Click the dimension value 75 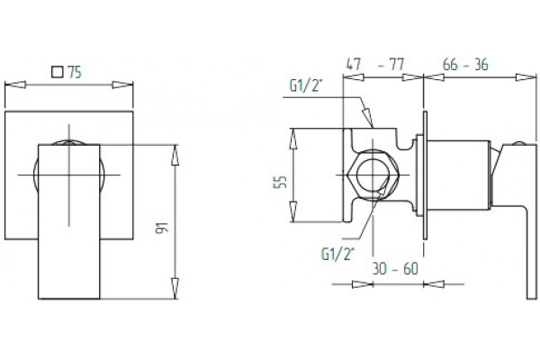pyautogui.click(x=75, y=72)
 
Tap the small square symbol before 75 pyautogui.click(x=58, y=72)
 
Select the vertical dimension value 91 pyautogui.click(x=162, y=228)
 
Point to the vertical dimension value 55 pyautogui.click(x=280, y=182)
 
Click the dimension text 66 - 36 pyautogui.click(x=465, y=65)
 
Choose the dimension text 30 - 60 pyautogui.click(x=395, y=268)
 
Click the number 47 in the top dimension pyautogui.click(x=354, y=65)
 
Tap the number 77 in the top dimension pyautogui.click(x=396, y=65)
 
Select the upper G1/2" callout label pyautogui.click(x=306, y=85)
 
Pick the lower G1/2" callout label pyautogui.click(x=337, y=254)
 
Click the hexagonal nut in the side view pyautogui.click(x=373, y=175)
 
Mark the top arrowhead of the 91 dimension pyautogui.click(x=175, y=155)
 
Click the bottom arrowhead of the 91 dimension pyautogui.click(x=175, y=288)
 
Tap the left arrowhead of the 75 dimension pyautogui.click(x=15, y=85)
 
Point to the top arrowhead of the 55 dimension pyautogui.click(x=293, y=139)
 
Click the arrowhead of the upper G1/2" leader pyautogui.click(x=368, y=118)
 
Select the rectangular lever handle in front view pyautogui.click(x=69, y=221)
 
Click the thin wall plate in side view pyautogui.click(x=425, y=175)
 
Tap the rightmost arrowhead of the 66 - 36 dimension pyautogui.click(x=526, y=77)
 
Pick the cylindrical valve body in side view pyautogui.click(x=459, y=175)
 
